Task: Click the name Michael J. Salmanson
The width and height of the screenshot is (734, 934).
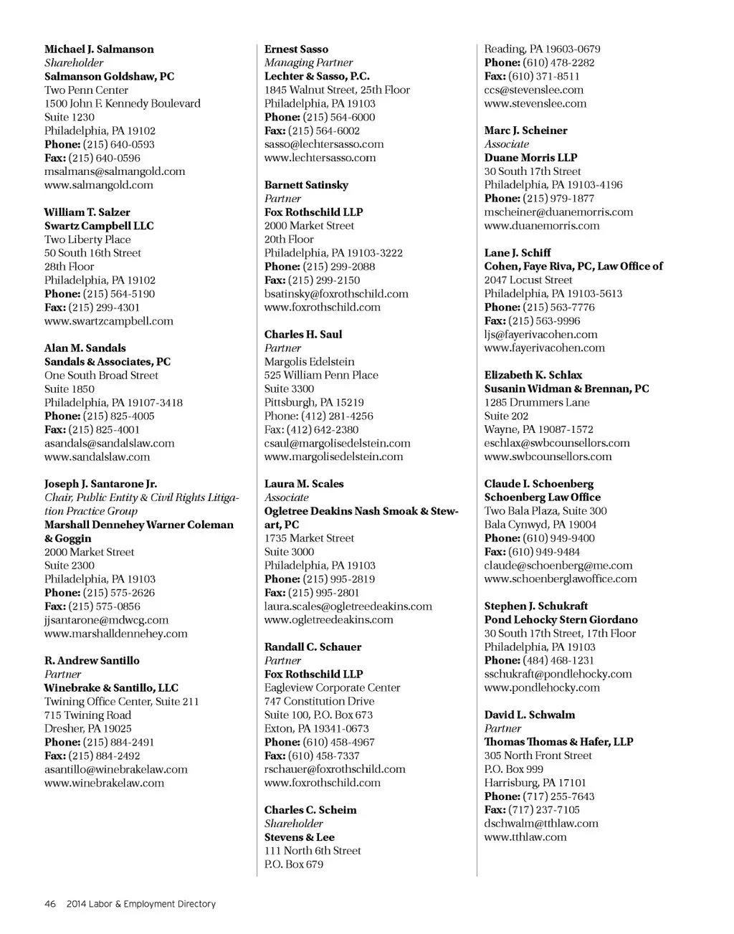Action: pos(99,49)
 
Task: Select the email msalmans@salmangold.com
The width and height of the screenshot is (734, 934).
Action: pos(115,171)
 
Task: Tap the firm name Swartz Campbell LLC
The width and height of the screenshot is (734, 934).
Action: pos(99,226)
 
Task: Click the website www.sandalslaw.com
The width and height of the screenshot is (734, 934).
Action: pos(97,457)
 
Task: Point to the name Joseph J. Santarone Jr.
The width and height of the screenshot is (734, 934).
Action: pos(100,484)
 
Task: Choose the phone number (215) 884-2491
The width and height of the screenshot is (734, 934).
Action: pos(118,742)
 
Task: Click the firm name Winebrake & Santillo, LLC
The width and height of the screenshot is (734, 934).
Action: pos(111,687)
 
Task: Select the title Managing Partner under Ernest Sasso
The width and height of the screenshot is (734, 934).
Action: pos(308,62)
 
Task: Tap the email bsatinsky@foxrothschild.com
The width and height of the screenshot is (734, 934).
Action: pos(336,294)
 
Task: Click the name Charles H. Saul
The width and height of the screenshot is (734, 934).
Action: pos(303,334)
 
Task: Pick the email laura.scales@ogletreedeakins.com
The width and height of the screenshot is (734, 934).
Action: pos(348,606)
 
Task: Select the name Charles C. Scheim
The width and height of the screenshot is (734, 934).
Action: pos(310,810)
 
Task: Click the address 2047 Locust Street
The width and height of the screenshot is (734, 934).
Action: pos(528,280)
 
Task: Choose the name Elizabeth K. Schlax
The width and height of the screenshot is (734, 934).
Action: pos(533,375)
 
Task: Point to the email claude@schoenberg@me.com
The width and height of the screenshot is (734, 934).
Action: pos(558,566)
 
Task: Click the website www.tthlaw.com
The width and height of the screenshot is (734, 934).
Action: pos(525,837)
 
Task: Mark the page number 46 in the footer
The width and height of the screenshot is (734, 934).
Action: pos(50,904)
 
